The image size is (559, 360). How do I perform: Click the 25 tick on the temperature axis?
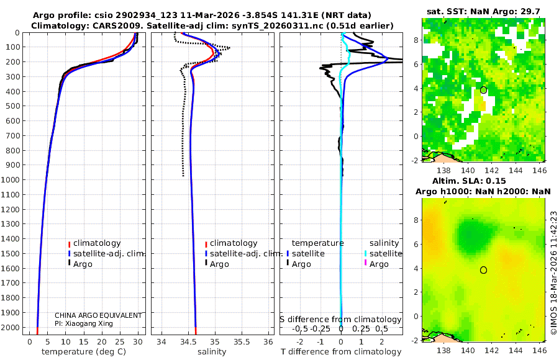click(x=119, y=341)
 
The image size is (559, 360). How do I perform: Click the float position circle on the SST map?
click(x=483, y=90)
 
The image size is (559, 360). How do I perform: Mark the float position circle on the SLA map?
click(x=483, y=270)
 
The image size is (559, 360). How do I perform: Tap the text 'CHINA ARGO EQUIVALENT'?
click(x=98, y=315)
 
